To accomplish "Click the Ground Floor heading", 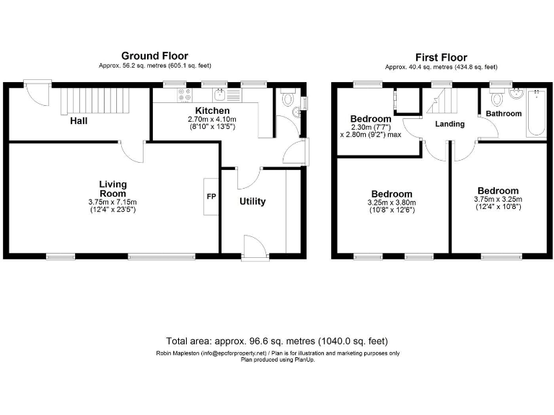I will pos(154,55).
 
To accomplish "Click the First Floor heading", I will pos(441,57).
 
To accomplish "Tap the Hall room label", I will pos(79,121).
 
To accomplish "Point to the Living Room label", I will pos(113,189).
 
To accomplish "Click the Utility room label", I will pos(252,202).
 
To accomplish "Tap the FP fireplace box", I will pos(211,196).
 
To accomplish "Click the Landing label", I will pos(450,124).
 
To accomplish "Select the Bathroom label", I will pos(503,114).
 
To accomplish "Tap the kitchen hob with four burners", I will pos(183,94).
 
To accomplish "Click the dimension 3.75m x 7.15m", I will pos(113,202).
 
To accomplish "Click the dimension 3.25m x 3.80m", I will pos(392,203).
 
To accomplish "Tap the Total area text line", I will pos(277,340).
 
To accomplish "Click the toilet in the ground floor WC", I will pos(286,97).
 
